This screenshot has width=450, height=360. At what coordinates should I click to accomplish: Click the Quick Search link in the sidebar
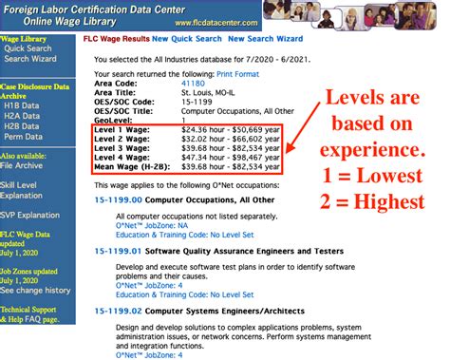coord(28,47)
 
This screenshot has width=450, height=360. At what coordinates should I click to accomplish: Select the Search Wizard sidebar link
coord(31,59)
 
